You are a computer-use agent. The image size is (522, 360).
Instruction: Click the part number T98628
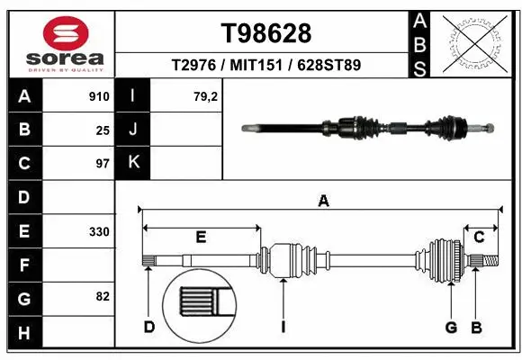coord(266,33)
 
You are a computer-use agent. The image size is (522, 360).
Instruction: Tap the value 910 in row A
coord(99,96)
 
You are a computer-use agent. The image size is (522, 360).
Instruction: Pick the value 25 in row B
coord(103,130)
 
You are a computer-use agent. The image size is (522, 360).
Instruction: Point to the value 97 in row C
coord(103,164)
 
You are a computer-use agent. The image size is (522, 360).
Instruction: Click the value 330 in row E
coord(99,231)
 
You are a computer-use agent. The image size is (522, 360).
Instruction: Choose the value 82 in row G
coord(102,296)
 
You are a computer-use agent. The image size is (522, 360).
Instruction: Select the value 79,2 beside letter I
coord(207,96)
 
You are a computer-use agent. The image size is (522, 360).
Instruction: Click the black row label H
coord(23,334)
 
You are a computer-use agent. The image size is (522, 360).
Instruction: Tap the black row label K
coord(132,163)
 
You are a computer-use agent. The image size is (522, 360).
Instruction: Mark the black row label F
coord(23,265)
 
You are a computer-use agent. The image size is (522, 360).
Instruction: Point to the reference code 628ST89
coord(329,66)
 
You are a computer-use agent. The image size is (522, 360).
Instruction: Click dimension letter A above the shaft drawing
coord(323,202)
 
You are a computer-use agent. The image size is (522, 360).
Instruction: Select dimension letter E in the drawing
coord(201,237)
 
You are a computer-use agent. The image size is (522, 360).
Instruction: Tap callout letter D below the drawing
coord(149,327)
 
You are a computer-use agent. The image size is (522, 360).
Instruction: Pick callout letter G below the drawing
coord(451,327)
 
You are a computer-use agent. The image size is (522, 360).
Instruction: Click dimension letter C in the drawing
coord(480,237)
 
